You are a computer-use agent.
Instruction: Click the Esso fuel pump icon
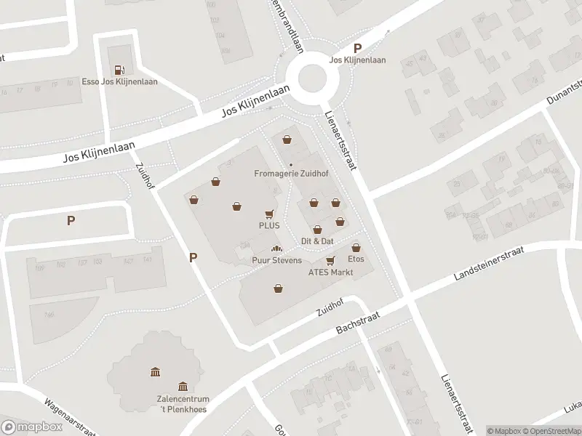(119, 70)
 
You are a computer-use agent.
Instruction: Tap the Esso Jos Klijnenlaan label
(120, 82)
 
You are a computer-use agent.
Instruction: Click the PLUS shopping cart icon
(269, 214)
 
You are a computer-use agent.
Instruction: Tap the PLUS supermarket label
(269, 225)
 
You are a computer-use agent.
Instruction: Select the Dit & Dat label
(317, 241)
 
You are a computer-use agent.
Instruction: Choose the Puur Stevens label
(276, 260)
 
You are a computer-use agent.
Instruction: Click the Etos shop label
(356, 259)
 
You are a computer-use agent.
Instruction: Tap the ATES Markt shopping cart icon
(330, 260)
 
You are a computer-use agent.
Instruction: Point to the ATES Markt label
(330, 272)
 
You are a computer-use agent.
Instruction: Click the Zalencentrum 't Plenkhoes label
(183, 405)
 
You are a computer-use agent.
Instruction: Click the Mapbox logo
(32, 427)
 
